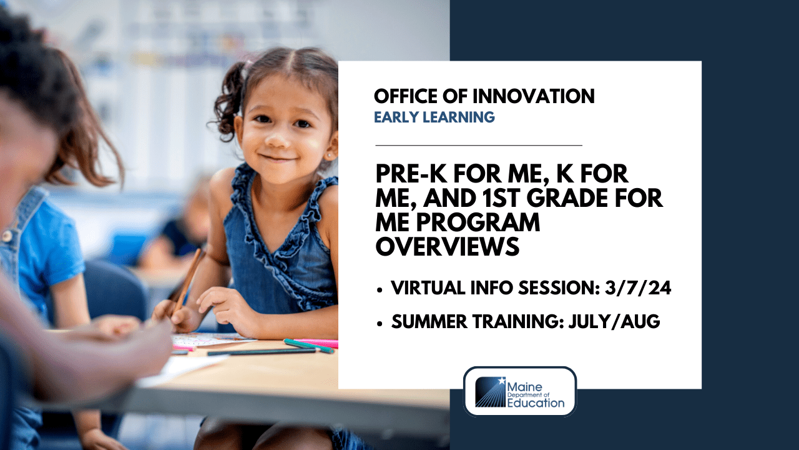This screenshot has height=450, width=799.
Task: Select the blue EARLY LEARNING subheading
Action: pos(434,117)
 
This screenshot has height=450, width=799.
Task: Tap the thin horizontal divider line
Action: pos(478,145)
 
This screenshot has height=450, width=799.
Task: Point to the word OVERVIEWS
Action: pos(447,246)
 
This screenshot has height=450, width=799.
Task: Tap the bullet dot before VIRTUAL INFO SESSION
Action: pos(380,290)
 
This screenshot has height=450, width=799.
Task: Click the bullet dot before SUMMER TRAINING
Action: pos(380,323)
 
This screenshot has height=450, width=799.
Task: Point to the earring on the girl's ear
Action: pos(328,152)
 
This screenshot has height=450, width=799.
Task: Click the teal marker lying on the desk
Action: pos(308,345)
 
